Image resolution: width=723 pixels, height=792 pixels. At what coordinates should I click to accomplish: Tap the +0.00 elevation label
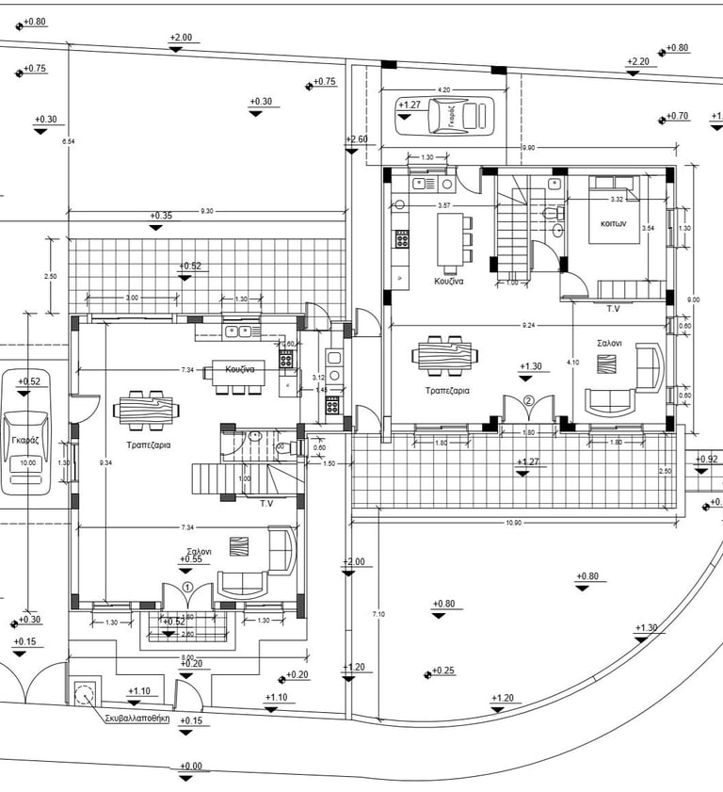[190, 767]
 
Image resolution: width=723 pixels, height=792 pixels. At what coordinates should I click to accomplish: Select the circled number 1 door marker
[187, 587]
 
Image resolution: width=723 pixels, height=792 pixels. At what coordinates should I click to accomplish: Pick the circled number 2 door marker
[529, 400]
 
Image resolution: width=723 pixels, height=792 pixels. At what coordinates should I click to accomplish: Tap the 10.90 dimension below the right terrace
[513, 523]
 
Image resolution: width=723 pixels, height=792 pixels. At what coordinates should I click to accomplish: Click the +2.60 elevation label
[358, 139]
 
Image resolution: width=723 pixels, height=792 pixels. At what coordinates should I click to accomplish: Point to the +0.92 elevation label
[707, 460]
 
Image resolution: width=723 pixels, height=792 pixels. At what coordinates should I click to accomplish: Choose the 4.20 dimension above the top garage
[444, 89]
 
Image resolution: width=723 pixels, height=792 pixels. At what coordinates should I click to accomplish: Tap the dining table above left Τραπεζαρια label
[146, 409]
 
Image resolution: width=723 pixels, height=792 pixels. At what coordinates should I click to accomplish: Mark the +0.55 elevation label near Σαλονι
[191, 558]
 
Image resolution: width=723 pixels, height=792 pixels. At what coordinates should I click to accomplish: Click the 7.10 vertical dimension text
[378, 614]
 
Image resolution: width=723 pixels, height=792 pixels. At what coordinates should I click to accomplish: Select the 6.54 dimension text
[67, 141]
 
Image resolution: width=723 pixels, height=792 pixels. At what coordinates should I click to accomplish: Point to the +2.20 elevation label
[638, 62]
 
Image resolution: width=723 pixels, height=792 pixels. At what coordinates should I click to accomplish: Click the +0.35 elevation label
[161, 216]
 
